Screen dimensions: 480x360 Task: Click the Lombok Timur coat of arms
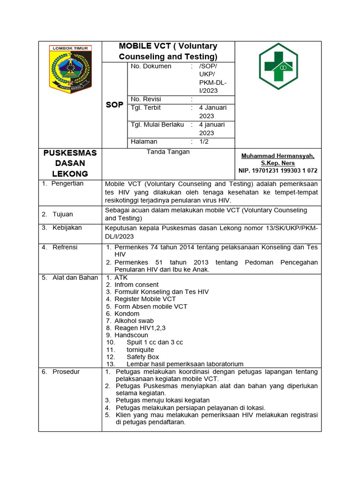click(x=70, y=69)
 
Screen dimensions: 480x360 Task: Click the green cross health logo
click(x=278, y=66)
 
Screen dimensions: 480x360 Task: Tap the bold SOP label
click(x=114, y=105)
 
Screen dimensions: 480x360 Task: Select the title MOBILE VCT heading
click(x=168, y=51)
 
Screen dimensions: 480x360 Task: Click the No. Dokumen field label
click(x=151, y=66)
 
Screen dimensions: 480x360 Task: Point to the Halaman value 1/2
click(x=204, y=141)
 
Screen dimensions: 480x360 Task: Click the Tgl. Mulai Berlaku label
click(x=157, y=124)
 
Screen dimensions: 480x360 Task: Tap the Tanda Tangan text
click(x=168, y=151)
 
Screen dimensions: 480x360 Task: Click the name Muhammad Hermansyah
click(x=277, y=156)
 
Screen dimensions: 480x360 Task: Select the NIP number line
click(x=277, y=171)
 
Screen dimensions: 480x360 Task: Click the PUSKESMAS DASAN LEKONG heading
click(x=70, y=163)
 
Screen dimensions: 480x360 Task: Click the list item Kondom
click(x=127, y=314)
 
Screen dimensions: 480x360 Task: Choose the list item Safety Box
click(x=142, y=357)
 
